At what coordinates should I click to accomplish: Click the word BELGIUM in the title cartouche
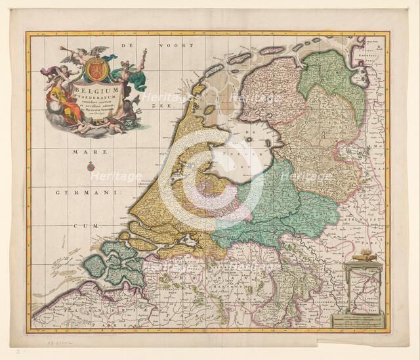96,89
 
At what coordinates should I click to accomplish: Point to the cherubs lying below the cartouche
98,126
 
